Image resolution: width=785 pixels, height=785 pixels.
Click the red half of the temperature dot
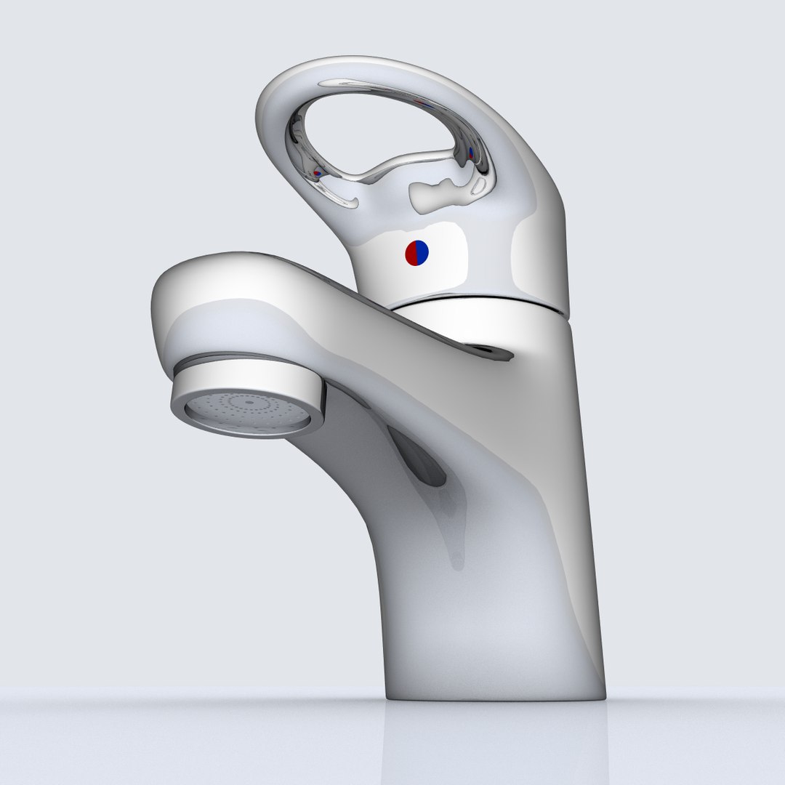click(411, 253)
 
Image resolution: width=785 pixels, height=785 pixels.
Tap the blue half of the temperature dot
click(422, 253)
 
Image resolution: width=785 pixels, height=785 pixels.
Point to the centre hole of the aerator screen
click(249, 401)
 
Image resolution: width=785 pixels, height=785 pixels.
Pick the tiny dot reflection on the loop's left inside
click(317, 174)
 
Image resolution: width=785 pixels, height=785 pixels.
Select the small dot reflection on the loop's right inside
click(471, 153)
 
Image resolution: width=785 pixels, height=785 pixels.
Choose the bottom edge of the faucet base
click(494, 699)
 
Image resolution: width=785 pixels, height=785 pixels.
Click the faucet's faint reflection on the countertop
click(494, 741)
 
